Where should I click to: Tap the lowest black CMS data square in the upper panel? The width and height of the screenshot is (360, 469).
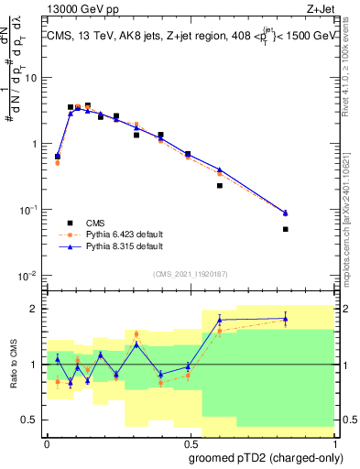pyautogui.click(x=286, y=229)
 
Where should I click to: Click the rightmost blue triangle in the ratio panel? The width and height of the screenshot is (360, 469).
pyautogui.click(x=286, y=319)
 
